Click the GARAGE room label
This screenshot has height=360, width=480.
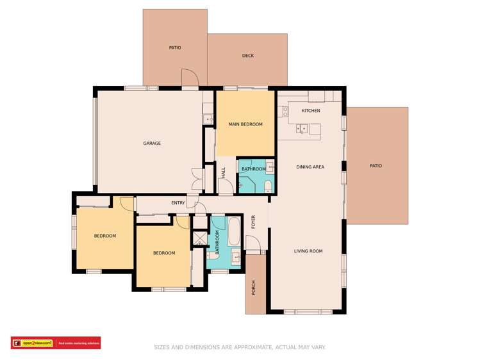(x=152, y=143)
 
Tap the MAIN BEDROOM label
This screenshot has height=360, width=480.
(x=245, y=124)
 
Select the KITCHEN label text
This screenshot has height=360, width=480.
(x=311, y=111)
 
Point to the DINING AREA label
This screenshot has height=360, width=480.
(x=310, y=167)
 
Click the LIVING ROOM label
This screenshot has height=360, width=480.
(x=308, y=251)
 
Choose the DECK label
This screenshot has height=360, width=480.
(x=248, y=56)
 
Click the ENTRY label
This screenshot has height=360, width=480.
(x=178, y=203)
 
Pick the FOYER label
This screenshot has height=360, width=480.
(x=254, y=222)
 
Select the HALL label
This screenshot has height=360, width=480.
(x=224, y=172)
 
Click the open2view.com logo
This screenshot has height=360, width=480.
(x=32, y=343)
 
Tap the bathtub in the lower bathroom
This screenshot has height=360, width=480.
(x=235, y=232)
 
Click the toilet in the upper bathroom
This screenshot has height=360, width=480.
(x=268, y=186)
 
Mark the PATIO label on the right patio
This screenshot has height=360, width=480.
(x=376, y=166)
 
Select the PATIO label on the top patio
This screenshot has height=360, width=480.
(x=175, y=48)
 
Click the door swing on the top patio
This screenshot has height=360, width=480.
(x=190, y=77)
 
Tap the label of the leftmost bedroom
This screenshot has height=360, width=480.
(x=105, y=236)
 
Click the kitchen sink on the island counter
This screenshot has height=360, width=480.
(x=302, y=129)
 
